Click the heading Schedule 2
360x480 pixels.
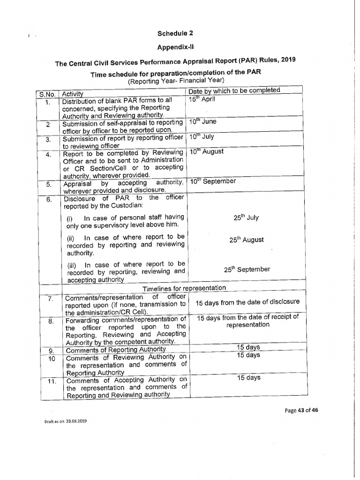(x=175, y=33)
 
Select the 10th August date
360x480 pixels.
(x=206, y=151)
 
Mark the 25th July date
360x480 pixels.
(x=246, y=217)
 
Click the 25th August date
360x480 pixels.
(x=246, y=240)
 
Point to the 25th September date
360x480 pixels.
(x=247, y=269)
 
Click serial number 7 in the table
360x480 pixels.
(x=52, y=298)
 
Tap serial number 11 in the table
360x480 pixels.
(x=52, y=381)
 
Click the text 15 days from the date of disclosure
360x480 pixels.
(x=247, y=302)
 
